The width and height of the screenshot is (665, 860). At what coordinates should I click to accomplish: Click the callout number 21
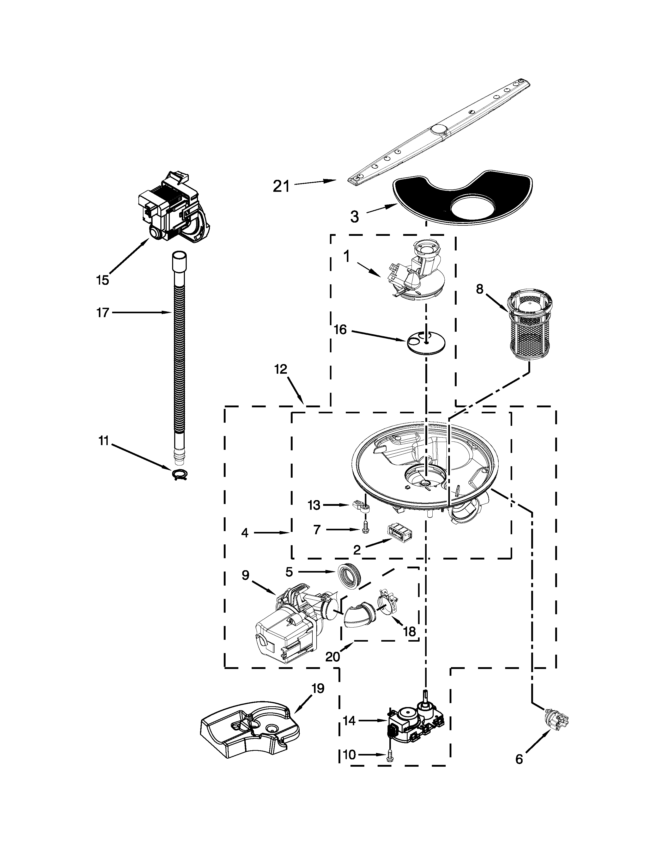pyautogui.click(x=281, y=186)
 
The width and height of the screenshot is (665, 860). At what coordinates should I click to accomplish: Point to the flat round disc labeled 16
pyautogui.click(x=426, y=342)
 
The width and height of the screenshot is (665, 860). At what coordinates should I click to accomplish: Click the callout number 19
pyautogui.click(x=318, y=689)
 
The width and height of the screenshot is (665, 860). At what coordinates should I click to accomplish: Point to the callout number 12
pyautogui.click(x=281, y=369)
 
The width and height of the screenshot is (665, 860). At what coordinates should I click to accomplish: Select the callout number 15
pyautogui.click(x=102, y=280)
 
